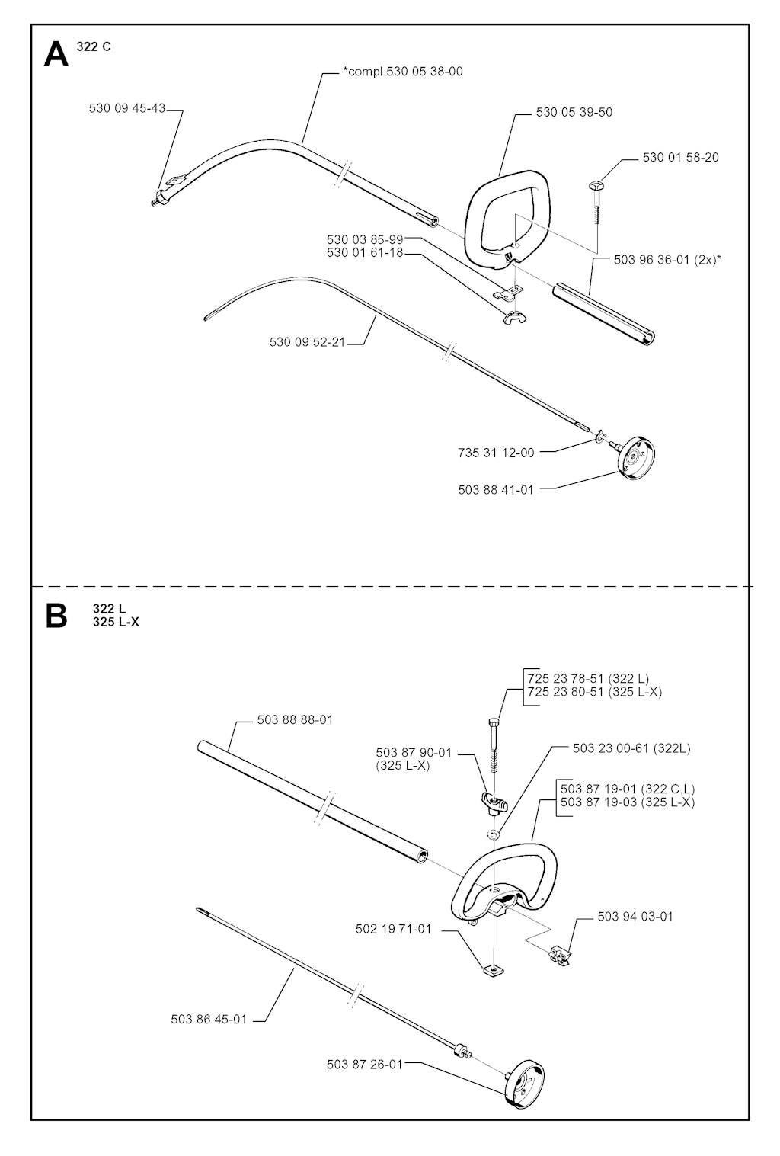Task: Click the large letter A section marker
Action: (x=56, y=54)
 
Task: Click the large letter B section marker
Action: (x=56, y=616)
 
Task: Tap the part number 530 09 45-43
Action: (x=127, y=108)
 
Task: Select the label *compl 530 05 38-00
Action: (x=403, y=71)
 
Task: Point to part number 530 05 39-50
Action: (x=574, y=112)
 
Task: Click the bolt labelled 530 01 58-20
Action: (x=597, y=203)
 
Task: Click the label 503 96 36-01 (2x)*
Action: (x=667, y=260)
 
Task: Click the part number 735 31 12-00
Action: (x=497, y=453)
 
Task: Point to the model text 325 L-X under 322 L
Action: (x=116, y=622)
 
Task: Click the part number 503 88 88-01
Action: (x=295, y=719)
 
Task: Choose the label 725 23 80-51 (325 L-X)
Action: (x=595, y=691)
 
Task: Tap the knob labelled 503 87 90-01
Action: (x=494, y=802)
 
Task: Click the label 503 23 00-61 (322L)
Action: (x=632, y=748)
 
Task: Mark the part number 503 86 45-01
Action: (x=209, y=1020)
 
